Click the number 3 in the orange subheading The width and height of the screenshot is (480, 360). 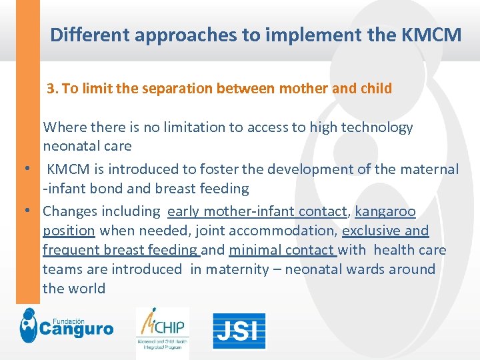tap(51, 89)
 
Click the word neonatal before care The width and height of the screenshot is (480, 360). tap(69, 146)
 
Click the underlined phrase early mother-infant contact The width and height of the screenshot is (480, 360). tap(258, 212)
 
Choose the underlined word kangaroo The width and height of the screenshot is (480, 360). tap(385, 212)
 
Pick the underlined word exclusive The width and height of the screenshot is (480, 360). tap(373, 231)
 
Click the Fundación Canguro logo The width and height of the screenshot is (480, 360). tap(67, 326)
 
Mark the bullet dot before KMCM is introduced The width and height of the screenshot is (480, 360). tap(29, 170)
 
